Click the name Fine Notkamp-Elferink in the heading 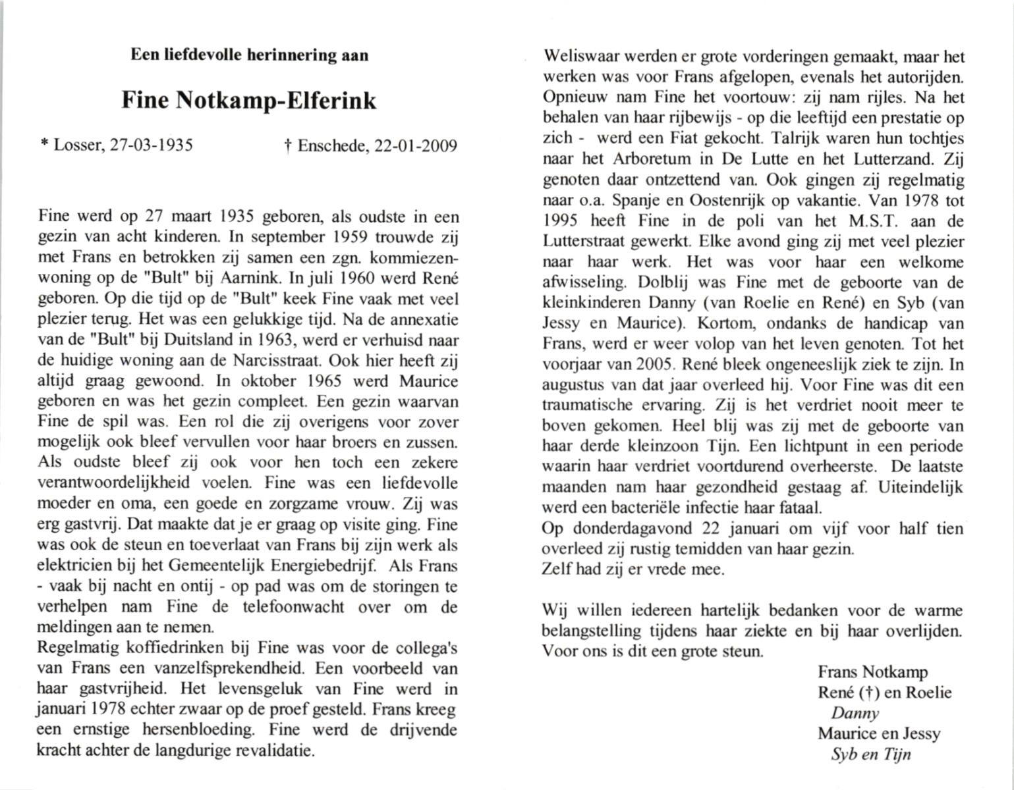pyautogui.click(x=249, y=100)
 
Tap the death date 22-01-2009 pyautogui.click(x=415, y=145)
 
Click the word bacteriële pyautogui.click(x=642, y=508)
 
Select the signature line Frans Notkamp pyautogui.click(x=872, y=672)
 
